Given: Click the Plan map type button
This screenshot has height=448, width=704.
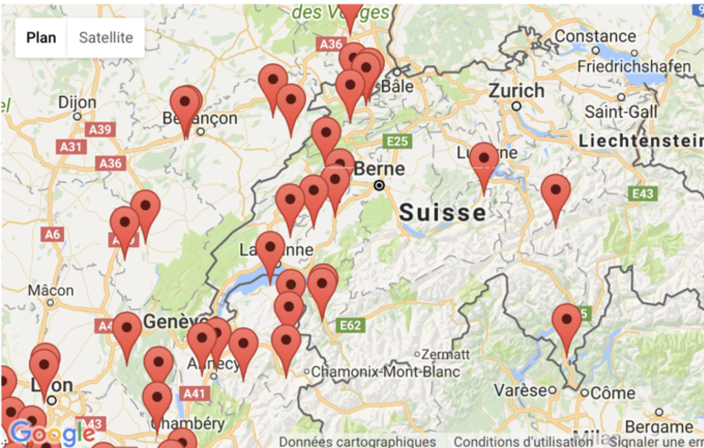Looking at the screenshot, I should [x=41, y=37].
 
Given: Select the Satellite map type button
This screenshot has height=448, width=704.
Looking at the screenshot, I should [x=106, y=37].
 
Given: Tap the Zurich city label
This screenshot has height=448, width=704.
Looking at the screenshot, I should [x=517, y=91].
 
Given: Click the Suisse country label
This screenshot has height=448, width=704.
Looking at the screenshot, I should [x=443, y=213].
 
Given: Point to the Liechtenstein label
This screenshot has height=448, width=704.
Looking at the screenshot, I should [x=641, y=141].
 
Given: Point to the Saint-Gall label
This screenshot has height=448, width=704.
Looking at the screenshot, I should [x=622, y=111].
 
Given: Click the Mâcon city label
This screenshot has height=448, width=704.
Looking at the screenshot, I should [x=50, y=290].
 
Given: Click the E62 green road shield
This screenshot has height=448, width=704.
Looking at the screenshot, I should [x=351, y=325].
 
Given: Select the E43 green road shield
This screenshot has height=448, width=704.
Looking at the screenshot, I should [x=643, y=194].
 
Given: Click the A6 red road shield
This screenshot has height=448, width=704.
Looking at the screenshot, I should [x=52, y=234].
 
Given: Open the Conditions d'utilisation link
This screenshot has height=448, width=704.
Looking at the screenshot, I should [x=523, y=442].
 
